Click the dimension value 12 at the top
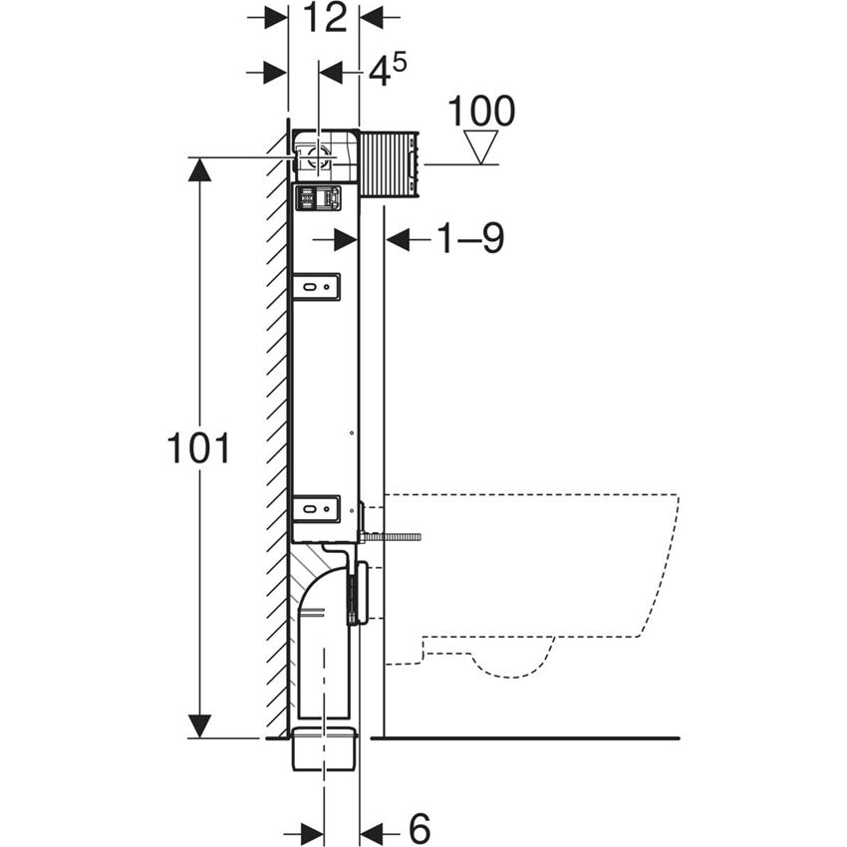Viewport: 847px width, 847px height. [x=325, y=17]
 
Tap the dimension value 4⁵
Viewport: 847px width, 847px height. [x=388, y=71]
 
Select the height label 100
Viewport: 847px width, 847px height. [x=481, y=112]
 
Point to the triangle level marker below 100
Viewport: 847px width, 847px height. [x=480, y=146]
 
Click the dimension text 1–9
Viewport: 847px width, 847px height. [x=470, y=238]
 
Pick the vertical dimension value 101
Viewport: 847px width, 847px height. [x=198, y=447]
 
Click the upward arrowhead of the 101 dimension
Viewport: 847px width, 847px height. [x=200, y=169]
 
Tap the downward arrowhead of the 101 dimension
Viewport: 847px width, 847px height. [x=200, y=725]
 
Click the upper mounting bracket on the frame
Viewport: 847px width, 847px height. [x=316, y=287]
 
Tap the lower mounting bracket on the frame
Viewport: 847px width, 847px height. [x=316, y=509]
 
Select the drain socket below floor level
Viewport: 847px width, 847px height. [x=325, y=748]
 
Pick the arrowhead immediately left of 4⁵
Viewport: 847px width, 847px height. [x=331, y=73]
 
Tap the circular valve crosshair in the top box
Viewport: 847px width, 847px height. [x=318, y=157]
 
